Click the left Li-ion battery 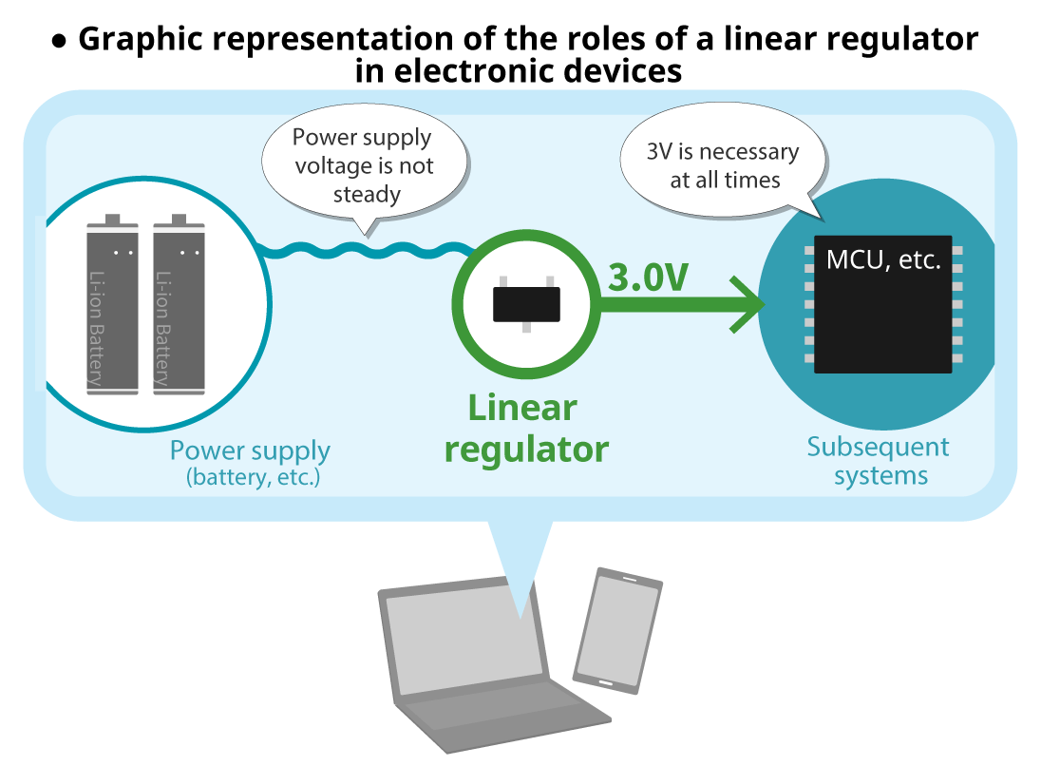click(x=112, y=309)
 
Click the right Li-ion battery click(x=179, y=309)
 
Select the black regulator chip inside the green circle click(x=525, y=304)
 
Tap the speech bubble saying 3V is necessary click(x=723, y=165)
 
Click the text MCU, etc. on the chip click(x=883, y=259)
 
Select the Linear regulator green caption click(x=525, y=428)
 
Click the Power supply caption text click(x=250, y=450)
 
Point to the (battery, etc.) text click(x=254, y=477)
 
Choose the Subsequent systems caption click(x=879, y=461)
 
